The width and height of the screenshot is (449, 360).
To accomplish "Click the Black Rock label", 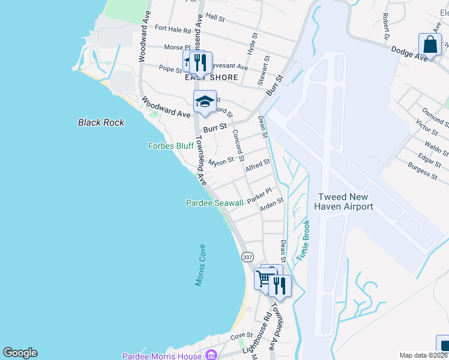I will click(101, 122).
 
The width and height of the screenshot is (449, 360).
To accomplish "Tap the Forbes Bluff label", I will click(171, 146).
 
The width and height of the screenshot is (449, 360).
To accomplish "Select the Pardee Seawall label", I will click(214, 203).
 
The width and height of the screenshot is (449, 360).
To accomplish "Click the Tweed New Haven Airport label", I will click(345, 202).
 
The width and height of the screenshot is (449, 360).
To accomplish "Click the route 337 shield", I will click(247, 256).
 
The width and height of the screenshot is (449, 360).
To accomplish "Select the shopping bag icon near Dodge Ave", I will click(430, 44).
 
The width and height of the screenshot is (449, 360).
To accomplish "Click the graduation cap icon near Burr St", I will click(204, 101).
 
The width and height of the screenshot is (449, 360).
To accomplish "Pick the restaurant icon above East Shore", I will click(200, 62).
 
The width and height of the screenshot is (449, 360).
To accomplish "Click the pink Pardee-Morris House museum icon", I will click(210, 356).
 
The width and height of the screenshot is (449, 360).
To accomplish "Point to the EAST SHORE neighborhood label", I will click(211, 77).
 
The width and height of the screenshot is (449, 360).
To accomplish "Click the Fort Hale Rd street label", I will click(172, 29).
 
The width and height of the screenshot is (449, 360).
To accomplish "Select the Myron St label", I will click(220, 162).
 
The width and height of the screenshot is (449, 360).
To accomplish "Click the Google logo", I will click(20, 353).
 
